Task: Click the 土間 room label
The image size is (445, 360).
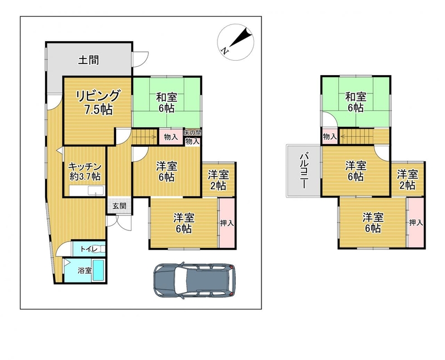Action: point(89,60)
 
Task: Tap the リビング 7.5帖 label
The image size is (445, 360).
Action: point(98,103)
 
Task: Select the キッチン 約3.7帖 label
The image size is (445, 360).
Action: point(85,171)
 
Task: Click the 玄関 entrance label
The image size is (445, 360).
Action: point(119,206)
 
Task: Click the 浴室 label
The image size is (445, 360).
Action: point(85,270)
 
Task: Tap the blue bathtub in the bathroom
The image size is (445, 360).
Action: point(98,270)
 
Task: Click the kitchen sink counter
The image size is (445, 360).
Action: point(87,191)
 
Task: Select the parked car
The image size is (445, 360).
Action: point(194,280)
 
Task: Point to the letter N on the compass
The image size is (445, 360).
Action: point(225,51)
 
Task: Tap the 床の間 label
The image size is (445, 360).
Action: point(192,132)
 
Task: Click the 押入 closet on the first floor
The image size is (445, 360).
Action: point(227,223)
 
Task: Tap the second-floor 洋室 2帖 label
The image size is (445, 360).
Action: point(407,179)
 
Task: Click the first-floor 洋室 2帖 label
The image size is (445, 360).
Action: point(218,180)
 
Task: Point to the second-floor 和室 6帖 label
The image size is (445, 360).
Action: point(355,102)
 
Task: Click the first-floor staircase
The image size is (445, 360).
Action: point(145,137)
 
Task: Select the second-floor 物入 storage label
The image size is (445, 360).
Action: point(330,137)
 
